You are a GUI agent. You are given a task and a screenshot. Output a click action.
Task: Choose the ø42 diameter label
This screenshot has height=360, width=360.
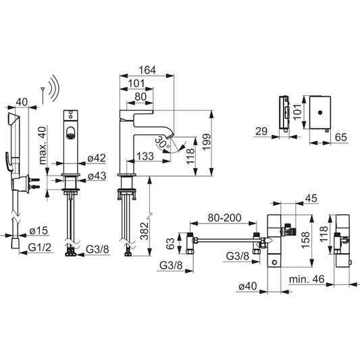(96, 159)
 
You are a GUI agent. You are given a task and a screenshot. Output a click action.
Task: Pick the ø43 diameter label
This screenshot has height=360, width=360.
(96, 176)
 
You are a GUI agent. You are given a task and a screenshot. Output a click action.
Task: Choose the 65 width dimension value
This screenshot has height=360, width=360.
(341, 137)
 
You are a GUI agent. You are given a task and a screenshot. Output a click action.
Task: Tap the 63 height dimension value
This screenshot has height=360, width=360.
(172, 241)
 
